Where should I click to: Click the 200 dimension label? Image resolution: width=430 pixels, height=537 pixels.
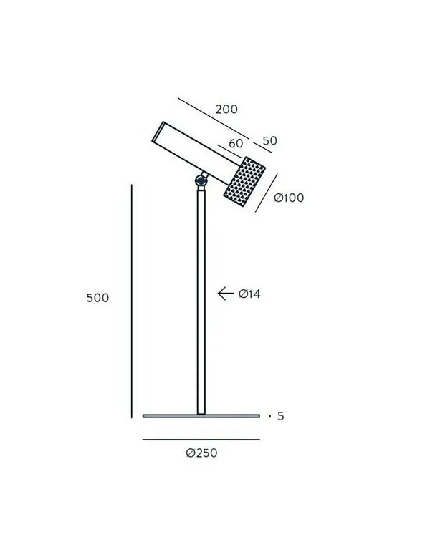click(x=226, y=110)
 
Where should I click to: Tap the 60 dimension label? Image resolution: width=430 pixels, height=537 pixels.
click(x=236, y=143)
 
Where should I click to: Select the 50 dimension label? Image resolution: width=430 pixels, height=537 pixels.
click(x=269, y=141)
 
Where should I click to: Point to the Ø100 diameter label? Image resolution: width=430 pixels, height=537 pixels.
click(x=290, y=198)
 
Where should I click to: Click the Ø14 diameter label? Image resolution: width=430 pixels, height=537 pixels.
click(x=249, y=294)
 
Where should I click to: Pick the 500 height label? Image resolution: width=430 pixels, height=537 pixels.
click(x=97, y=298)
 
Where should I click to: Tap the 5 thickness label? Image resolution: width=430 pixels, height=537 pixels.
click(x=281, y=416)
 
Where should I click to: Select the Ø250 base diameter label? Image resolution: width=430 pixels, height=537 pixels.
click(x=201, y=453)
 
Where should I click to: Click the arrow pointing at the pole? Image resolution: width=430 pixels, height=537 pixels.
click(x=226, y=293)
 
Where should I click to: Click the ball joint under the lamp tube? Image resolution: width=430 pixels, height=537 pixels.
click(x=201, y=181)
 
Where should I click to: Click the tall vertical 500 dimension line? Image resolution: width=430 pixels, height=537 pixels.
click(x=132, y=301)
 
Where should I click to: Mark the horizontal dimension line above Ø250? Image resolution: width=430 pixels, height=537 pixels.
click(x=201, y=440)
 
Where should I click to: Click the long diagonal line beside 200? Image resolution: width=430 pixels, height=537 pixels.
click(x=212, y=118)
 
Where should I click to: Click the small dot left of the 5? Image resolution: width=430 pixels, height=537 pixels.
click(x=269, y=416)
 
